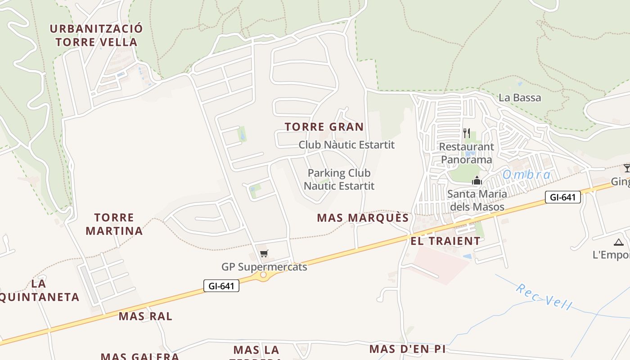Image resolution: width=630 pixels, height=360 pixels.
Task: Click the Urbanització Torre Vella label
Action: (96, 36)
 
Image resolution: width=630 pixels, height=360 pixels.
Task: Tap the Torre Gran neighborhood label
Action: (324, 127)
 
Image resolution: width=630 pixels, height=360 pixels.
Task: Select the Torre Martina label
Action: (114, 225)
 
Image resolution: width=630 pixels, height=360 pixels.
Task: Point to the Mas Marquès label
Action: (363, 218)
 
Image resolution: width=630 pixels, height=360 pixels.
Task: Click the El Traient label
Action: (445, 241)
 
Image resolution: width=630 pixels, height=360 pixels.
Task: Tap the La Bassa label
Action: (520, 98)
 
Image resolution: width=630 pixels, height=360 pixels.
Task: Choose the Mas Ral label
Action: (145, 316)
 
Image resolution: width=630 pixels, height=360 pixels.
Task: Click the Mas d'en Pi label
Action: (407, 349)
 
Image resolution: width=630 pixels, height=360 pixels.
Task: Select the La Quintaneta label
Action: (40, 290)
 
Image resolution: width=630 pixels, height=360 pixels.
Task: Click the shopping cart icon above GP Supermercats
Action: (264, 254)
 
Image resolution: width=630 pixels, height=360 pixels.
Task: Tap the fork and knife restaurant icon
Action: (467, 133)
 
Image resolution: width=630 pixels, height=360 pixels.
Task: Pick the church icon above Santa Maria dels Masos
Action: (477, 181)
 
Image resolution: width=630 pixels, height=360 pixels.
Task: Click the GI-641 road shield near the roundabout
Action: (221, 286)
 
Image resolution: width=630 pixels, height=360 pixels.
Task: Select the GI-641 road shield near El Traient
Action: (562, 197)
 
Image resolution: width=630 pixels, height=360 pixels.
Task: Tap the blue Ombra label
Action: (526, 175)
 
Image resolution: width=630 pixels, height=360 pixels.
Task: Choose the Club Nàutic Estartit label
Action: (346, 145)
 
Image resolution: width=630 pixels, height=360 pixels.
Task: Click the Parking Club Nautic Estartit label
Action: (339, 179)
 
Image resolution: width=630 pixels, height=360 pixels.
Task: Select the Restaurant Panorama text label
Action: (466, 153)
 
